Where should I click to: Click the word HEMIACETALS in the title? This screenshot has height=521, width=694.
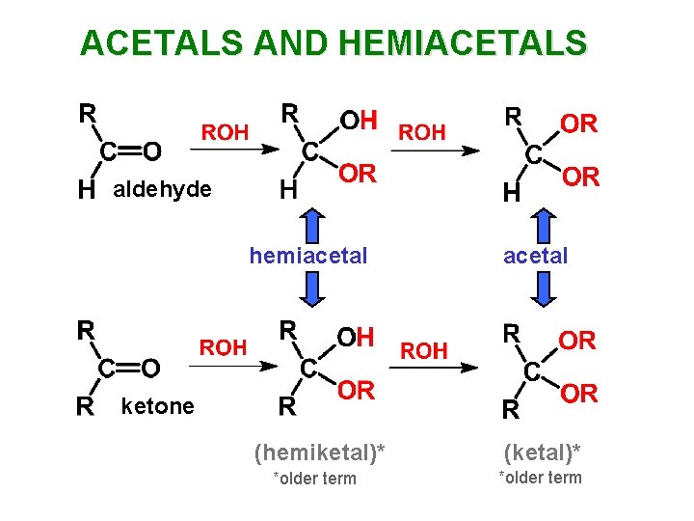click(x=464, y=42)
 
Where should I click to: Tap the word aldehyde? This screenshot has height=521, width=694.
click(x=162, y=189)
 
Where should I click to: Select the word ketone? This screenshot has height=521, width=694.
click(x=157, y=406)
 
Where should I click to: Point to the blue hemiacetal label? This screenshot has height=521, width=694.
click(x=308, y=256)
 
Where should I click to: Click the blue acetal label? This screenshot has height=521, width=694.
click(x=536, y=256)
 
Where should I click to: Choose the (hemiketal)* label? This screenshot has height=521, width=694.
click(x=311, y=451)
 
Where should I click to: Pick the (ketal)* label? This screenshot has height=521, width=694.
click(x=540, y=451)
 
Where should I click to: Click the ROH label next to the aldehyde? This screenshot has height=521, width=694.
click(x=225, y=132)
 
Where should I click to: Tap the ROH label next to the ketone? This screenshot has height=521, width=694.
click(x=224, y=347)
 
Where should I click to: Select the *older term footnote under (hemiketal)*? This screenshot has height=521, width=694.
click(x=314, y=479)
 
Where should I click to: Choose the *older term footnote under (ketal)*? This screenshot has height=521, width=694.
click(x=540, y=478)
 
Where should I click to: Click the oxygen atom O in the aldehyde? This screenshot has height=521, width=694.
click(x=151, y=151)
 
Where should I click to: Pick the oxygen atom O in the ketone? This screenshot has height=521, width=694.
click(x=150, y=368)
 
